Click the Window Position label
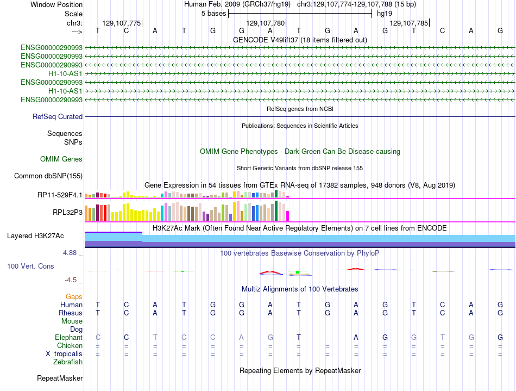pyautogui.click(x=56, y=4)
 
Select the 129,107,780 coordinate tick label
pyautogui.click(x=265, y=23)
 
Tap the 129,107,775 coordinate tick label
pyautogui.click(x=122, y=23)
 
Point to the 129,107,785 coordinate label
pyautogui.click(x=408, y=23)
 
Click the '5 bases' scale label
pyautogui.click(x=213, y=14)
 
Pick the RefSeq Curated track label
pyautogui.click(x=58, y=116)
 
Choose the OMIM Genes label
pyautogui.click(x=61, y=159)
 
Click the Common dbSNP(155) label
pyautogui.click(x=48, y=176)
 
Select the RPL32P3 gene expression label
pyautogui.click(x=67, y=213)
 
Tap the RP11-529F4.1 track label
pyautogui.click(x=60, y=195)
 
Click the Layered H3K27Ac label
pyautogui.click(x=35, y=236)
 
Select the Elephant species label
pyautogui.click(x=68, y=337)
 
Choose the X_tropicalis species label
pyautogui.click(x=64, y=354)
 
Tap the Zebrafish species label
pyautogui.click(x=68, y=362)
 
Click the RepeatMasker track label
pyautogui.click(x=60, y=378)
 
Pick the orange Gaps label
pyautogui.click(x=74, y=297)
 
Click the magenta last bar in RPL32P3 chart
pyautogui.click(x=288, y=216)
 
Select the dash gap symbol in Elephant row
pyautogui.click(x=328, y=338)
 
